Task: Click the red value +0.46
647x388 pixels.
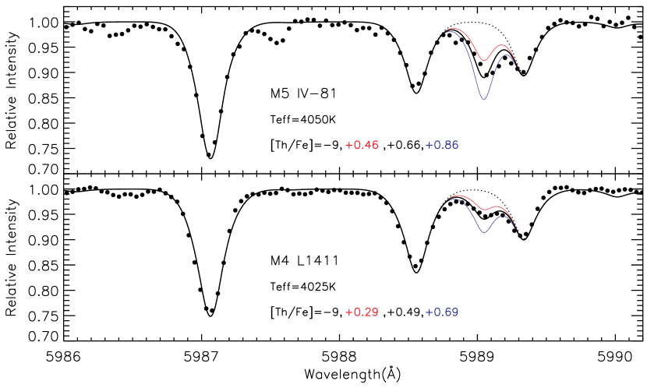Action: click(362, 145)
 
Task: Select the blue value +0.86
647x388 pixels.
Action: click(442, 145)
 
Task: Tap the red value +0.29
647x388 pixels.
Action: click(362, 312)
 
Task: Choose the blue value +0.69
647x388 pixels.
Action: click(442, 312)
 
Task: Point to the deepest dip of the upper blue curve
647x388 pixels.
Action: click(483, 99)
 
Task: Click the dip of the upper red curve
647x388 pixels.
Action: click(485, 60)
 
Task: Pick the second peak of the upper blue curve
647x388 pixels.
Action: click(504, 55)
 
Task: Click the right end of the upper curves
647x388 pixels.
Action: click(525, 76)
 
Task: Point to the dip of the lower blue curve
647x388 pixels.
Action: click(484, 232)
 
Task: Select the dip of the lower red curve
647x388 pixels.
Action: click(486, 210)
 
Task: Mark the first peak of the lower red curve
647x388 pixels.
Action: click(458, 196)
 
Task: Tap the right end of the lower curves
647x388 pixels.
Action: click(523, 239)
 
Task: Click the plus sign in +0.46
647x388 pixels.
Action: click(348, 145)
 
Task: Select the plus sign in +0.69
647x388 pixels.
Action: click(429, 312)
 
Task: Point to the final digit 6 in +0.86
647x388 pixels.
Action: click(454, 145)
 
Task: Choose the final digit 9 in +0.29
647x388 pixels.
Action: click(375, 312)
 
